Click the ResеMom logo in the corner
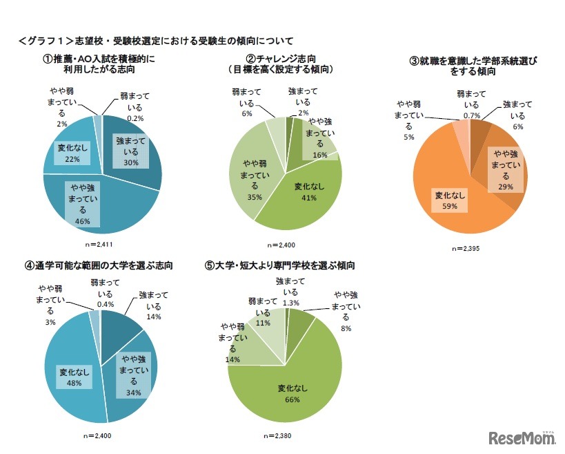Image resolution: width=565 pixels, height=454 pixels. (522, 437)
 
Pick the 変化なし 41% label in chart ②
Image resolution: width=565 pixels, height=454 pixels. (305, 191)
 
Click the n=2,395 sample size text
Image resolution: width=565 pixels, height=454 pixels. (469, 247)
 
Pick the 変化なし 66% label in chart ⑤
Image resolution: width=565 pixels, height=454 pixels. (293, 392)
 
